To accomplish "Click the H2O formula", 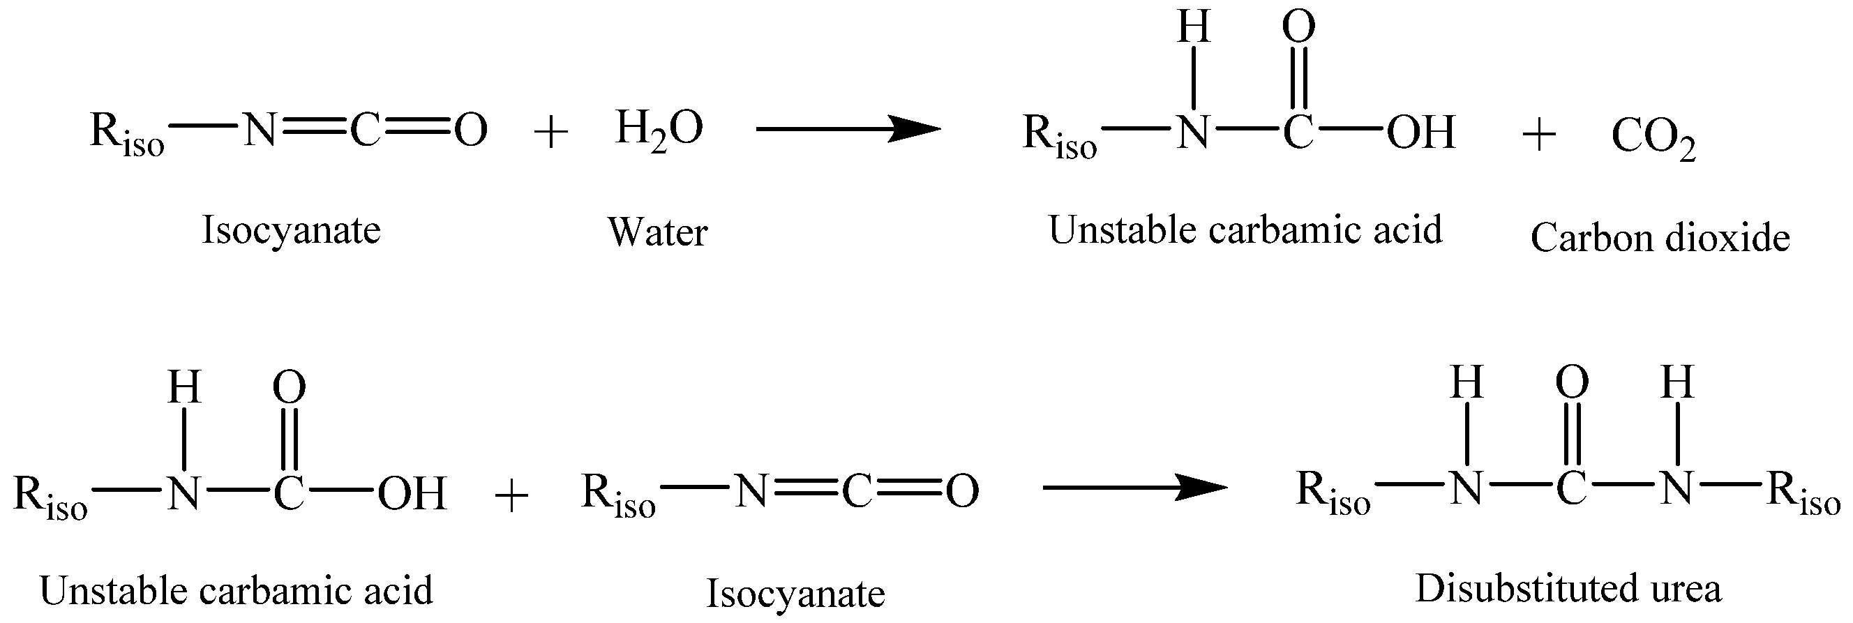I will (659, 130).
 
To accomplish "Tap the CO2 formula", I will (1653, 137).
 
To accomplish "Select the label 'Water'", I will (657, 232).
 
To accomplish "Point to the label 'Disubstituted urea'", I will (1568, 589).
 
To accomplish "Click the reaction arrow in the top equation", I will (848, 130).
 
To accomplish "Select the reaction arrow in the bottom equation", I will (1134, 488).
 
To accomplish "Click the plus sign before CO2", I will (1539, 135).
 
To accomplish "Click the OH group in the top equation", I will (1421, 133).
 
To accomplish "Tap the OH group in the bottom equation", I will (412, 493).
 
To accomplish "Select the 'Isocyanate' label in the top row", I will (291, 231).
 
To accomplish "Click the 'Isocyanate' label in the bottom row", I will (795, 594).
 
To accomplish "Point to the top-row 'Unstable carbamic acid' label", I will (1245, 230).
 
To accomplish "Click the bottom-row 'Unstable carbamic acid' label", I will (236, 591).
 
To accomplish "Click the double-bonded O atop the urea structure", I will (1572, 382).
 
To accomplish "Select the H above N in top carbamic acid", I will (1194, 27).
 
